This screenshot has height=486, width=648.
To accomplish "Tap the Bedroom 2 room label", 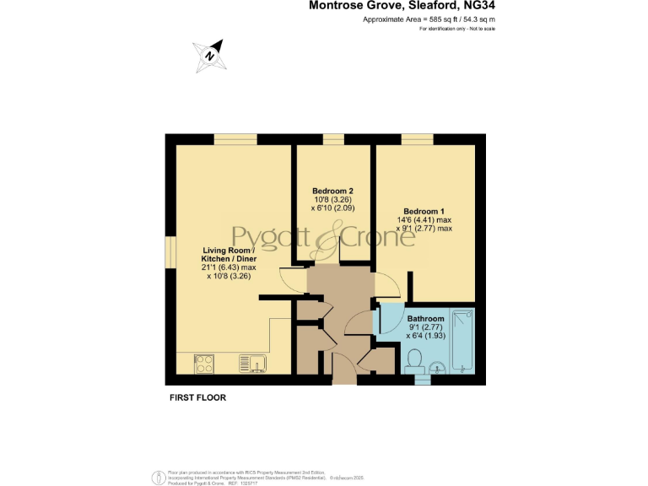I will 332,191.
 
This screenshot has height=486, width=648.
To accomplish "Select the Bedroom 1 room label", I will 423,211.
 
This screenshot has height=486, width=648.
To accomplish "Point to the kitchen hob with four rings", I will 205,363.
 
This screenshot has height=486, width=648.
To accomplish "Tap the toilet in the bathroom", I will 413,361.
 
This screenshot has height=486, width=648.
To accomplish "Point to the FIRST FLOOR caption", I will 195,397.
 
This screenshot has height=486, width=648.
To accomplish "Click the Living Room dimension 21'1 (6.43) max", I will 228,267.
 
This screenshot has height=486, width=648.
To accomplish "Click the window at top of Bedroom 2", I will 332,139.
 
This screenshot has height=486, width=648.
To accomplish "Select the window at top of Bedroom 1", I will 417,139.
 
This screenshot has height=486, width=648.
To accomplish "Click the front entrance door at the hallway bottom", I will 344,369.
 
